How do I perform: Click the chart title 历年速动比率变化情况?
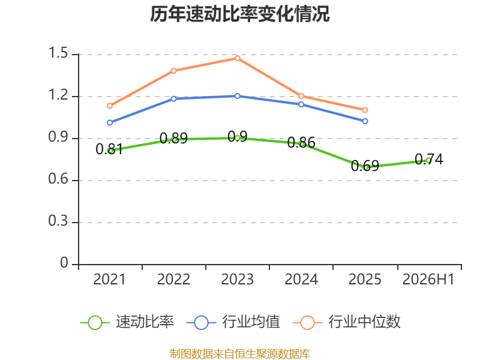click(x=239, y=14)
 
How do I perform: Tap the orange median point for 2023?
click(x=238, y=58)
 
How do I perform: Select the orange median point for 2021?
click(x=110, y=106)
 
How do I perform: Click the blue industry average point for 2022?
click(x=173, y=99)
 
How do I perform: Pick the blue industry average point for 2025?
click(x=365, y=121)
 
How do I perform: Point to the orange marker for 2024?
click(x=301, y=96)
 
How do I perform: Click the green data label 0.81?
click(x=109, y=149)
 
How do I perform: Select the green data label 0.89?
click(x=173, y=139)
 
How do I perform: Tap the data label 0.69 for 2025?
click(x=365, y=166)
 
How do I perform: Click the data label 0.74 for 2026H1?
click(x=429, y=160)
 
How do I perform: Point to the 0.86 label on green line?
click(x=301, y=143)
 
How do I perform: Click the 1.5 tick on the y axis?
click(x=58, y=53)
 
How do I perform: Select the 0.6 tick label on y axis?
click(x=58, y=179)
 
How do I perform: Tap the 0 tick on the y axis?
click(x=64, y=263)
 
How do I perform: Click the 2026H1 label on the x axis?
click(x=428, y=280)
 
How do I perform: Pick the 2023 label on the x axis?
click(x=237, y=280)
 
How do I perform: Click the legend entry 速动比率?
click(x=127, y=322)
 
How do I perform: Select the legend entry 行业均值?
click(x=233, y=322)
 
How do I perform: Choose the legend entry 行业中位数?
click(x=347, y=322)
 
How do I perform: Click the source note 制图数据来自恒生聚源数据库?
click(x=240, y=354)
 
